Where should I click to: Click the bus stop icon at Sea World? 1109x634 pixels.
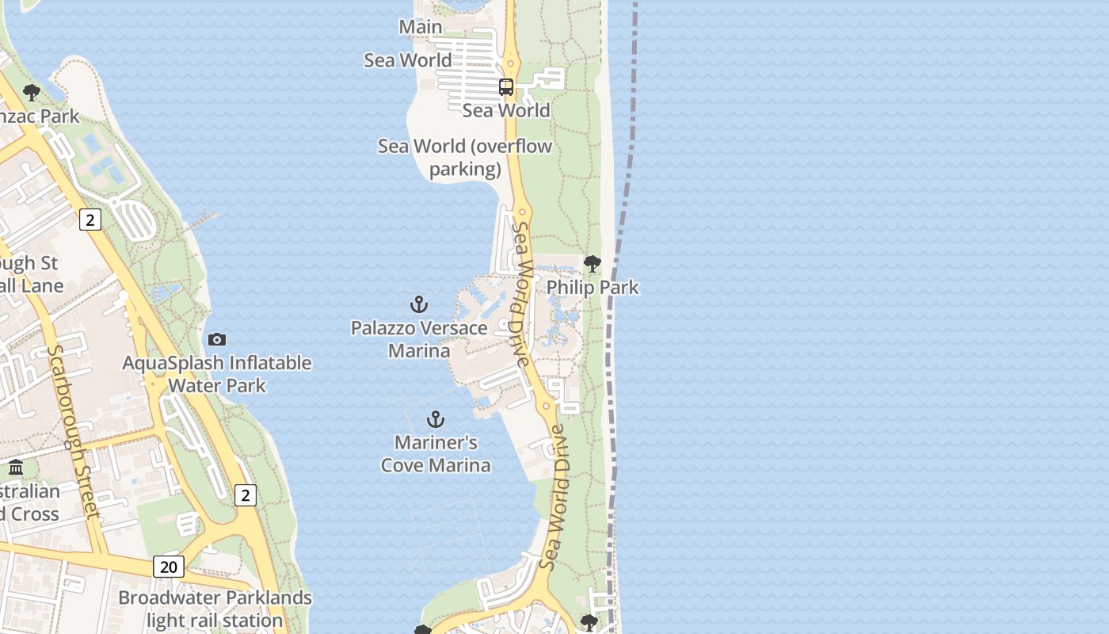pyautogui.click(x=506, y=86)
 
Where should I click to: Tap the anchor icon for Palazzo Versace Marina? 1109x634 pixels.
pyautogui.click(x=419, y=304)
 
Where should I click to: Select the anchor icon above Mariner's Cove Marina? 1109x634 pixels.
pyautogui.click(x=435, y=419)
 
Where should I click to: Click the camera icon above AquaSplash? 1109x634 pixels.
pyautogui.click(x=217, y=340)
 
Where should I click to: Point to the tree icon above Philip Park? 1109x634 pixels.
pyautogui.click(x=592, y=264)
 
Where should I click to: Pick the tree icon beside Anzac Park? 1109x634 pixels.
pyautogui.click(x=32, y=93)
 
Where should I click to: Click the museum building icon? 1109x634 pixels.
pyautogui.click(x=16, y=467)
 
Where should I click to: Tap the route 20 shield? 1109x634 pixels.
pyautogui.click(x=168, y=567)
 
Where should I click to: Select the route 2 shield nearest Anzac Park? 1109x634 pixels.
pyautogui.click(x=90, y=220)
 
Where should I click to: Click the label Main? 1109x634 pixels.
pyautogui.click(x=421, y=27)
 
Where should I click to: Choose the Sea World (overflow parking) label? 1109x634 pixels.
pyautogui.click(x=465, y=158)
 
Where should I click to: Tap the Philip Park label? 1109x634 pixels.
pyautogui.click(x=593, y=287)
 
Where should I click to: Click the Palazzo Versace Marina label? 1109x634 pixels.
pyautogui.click(x=419, y=339)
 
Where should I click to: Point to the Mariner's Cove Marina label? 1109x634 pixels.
pyautogui.click(x=436, y=453)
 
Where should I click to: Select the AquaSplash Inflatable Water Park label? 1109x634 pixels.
pyautogui.click(x=217, y=374)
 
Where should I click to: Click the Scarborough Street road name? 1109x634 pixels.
pyautogui.click(x=74, y=431)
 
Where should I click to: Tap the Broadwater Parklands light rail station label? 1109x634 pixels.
pyautogui.click(x=215, y=609)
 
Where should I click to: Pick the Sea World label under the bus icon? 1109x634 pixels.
pyautogui.click(x=506, y=110)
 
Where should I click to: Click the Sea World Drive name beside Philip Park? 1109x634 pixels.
pyautogui.click(x=521, y=293)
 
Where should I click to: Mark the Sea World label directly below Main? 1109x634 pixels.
pyautogui.click(x=408, y=60)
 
